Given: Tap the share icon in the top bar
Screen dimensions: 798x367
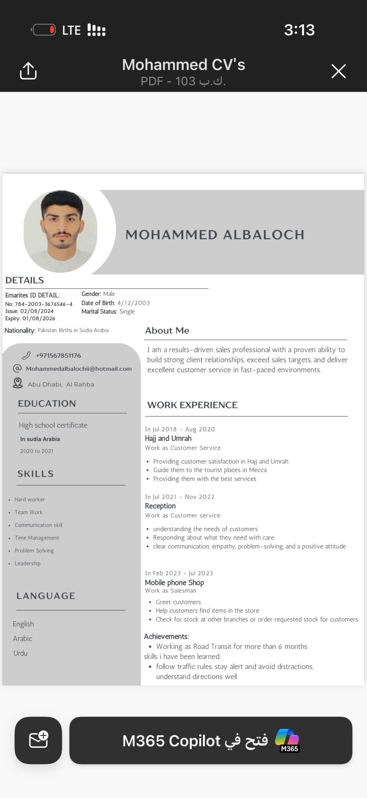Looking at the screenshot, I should (28, 71).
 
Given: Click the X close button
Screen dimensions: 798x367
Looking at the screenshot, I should (338, 71).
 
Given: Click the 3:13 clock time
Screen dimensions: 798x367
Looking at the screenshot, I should (299, 30).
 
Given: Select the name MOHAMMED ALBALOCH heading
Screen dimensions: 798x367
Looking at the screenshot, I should (215, 235).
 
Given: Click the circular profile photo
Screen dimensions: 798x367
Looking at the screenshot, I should (61, 231).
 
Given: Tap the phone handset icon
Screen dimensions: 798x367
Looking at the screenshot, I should (26, 355).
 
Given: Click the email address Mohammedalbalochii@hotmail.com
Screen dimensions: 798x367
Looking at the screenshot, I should (79, 369).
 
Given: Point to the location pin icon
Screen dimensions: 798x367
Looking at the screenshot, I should (18, 383).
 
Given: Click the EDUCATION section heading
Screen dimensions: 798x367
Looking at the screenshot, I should (47, 404).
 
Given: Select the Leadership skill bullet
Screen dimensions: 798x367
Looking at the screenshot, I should (28, 563).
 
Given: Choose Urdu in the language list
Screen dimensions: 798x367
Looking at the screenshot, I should (20, 653).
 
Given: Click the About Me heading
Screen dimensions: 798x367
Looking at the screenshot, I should (167, 331).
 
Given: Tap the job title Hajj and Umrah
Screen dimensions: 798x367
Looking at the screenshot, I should (168, 438).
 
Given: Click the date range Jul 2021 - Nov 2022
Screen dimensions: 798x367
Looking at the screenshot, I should (180, 497).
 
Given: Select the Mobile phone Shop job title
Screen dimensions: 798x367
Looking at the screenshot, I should (175, 582).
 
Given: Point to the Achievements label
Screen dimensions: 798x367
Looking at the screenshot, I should (166, 636).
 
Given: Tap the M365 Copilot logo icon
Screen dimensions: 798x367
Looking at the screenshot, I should (287, 740).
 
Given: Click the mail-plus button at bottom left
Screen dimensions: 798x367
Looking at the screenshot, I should (38, 740).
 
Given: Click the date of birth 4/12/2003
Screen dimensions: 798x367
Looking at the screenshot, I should (133, 303).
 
